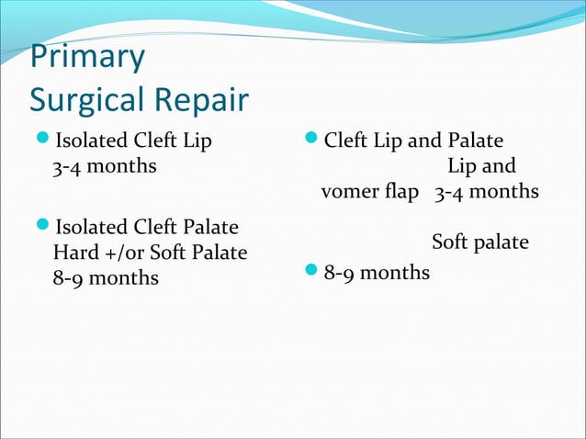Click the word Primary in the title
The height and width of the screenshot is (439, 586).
(x=87, y=58)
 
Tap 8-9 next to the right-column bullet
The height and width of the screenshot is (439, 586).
(x=341, y=273)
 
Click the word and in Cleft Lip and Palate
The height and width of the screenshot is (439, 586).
(x=425, y=142)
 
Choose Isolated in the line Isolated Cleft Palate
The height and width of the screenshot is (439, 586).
(x=91, y=227)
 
